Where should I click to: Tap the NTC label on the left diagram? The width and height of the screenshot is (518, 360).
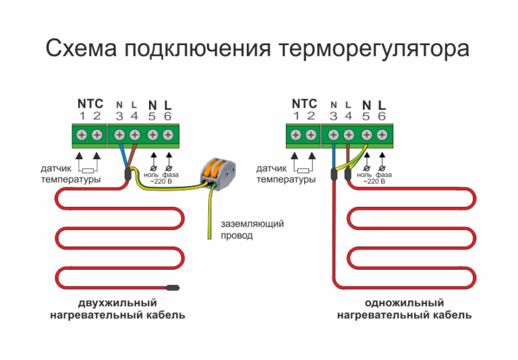(x=90, y=104)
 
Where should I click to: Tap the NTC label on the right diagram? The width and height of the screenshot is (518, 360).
(x=304, y=103)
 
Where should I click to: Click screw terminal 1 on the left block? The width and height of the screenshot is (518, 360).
(x=82, y=135)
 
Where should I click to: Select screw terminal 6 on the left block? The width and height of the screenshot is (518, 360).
(x=167, y=135)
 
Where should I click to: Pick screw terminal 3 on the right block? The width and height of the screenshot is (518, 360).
(x=333, y=135)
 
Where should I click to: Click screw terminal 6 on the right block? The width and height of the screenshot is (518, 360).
(x=382, y=135)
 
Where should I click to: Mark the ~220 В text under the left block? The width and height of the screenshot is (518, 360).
(x=161, y=181)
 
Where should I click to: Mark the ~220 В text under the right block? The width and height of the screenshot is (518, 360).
(x=375, y=181)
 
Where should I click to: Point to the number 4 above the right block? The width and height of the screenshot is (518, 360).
(x=348, y=116)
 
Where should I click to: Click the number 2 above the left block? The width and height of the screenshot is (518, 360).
(x=96, y=116)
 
